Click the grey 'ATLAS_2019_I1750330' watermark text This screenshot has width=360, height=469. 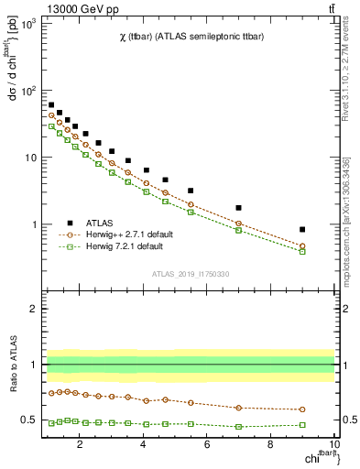tap(190, 274)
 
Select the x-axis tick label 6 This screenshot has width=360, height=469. tap(207, 446)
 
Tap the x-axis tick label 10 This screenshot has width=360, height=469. tap(333, 446)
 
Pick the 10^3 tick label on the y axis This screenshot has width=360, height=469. tap(30, 24)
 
